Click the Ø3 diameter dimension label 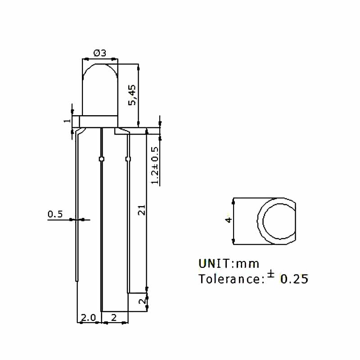(x=99, y=53)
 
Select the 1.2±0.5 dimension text (x=155, y=165)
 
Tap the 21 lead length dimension (x=141, y=210)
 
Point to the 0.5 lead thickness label (x=55, y=214)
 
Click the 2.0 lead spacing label (x=88, y=318)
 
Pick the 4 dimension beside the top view (x=229, y=220)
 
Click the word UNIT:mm (x=229, y=263)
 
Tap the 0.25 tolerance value (x=295, y=279)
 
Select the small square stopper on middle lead (x=101, y=159)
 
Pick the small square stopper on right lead (x=128, y=159)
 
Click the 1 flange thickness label (x=67, y=121)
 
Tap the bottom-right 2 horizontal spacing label (x=113, y=318)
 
